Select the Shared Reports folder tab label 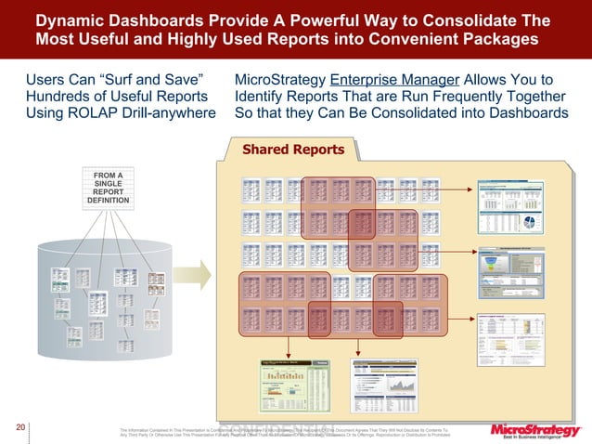[293, 150]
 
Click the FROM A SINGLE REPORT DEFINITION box [109, 187]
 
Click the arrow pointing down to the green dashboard [290, 345]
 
